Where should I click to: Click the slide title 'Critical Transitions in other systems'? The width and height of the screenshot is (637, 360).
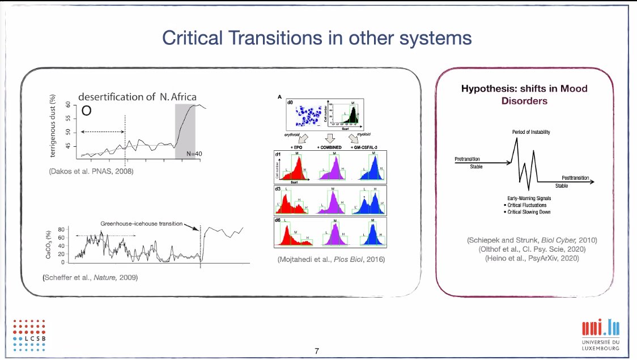point(317,38)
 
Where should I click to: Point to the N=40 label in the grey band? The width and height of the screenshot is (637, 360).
point(185,154)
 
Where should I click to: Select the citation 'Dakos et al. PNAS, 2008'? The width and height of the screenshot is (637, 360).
point(92,171)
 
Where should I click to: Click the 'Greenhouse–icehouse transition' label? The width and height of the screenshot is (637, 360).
point(142,223)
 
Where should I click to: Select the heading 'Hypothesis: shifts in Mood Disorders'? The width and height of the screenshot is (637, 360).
point(524,95)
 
